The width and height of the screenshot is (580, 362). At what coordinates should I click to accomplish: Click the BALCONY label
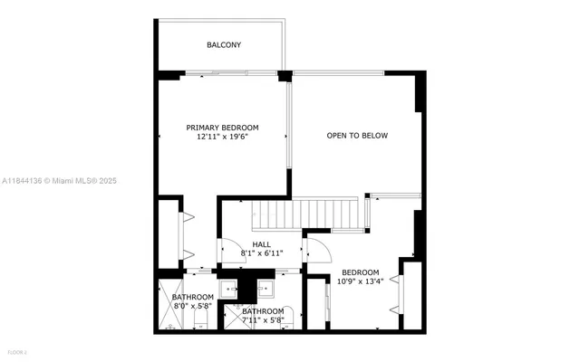coord(223,44)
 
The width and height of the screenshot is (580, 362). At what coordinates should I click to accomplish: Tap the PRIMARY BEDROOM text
coord(222,128)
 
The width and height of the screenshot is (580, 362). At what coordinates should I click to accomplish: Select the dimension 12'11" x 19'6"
coord(222,138)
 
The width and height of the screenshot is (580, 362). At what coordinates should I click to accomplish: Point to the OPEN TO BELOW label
coord(357,136)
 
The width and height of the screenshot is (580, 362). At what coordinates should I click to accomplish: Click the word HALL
coord(261,244)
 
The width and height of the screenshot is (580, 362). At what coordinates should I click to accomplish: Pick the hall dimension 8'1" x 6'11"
coord(261,254)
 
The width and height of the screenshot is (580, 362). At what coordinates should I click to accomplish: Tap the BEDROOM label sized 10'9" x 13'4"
coord(361,271)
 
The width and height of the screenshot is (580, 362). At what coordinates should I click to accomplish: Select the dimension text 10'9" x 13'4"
coord(361,281)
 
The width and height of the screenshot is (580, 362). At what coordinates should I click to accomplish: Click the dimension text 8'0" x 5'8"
coord(193,306)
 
